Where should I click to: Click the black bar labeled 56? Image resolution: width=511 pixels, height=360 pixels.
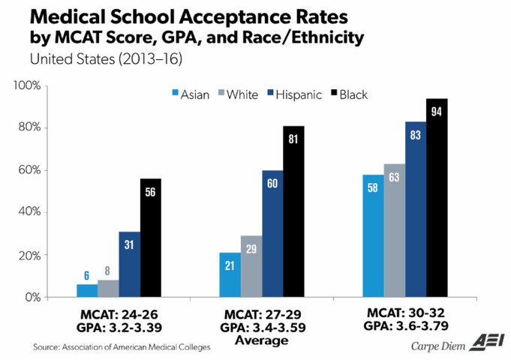151,238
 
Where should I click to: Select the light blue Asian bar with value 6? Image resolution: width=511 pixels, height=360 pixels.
87,290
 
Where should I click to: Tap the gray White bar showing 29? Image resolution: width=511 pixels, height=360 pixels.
251,266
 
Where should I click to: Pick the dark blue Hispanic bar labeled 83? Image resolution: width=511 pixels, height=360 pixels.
416,209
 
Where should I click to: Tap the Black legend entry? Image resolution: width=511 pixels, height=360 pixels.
347,94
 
